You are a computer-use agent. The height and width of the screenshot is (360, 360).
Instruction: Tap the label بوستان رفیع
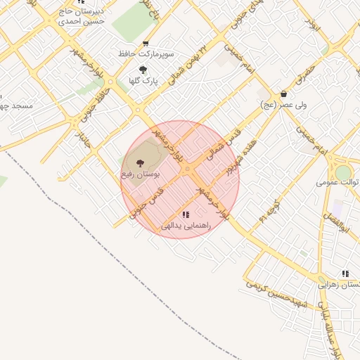coord(141,173)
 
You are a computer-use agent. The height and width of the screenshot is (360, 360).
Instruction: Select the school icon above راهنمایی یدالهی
coord(185,214)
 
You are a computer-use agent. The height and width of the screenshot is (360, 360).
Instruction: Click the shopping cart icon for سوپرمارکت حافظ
coord(146,43)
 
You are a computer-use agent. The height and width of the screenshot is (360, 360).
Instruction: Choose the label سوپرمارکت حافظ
coord(146,53)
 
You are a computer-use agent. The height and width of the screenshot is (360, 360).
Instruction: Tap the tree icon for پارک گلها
coord(143,70)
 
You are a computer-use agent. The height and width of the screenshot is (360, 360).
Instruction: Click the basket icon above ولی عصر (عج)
coord(283,94)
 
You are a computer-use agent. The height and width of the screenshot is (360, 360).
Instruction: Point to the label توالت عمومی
coord(333,181)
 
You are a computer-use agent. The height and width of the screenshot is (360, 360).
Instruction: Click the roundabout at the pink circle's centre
coord(187,170)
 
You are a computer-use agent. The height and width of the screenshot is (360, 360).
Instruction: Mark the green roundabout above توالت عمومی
coord(342,172)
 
